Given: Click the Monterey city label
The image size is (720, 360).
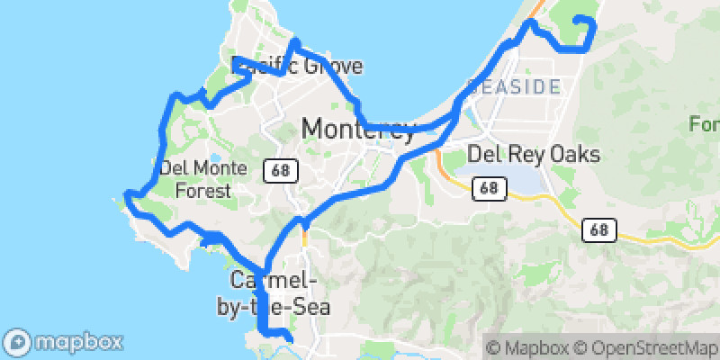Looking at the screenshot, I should point(358,129).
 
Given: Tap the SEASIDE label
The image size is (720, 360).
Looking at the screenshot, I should point(513,88).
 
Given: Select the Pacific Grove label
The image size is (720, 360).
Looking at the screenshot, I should point(297,66).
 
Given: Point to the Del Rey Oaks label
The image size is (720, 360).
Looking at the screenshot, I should point(534,155).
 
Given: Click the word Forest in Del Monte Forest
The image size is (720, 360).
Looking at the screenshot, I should point(202,190).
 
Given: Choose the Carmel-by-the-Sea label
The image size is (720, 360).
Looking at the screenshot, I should point(273,293).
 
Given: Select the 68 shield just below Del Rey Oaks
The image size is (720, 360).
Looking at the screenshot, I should point(489,188).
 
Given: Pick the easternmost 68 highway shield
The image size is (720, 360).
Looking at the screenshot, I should point(598,229).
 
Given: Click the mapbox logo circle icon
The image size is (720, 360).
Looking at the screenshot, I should point(18,342).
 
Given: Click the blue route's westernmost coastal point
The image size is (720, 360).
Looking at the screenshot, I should point(127,194).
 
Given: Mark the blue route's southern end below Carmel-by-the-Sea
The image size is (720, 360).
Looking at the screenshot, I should point(290,338).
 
